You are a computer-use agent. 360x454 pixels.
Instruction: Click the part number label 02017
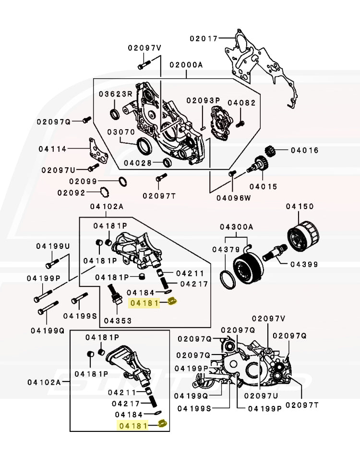point(203,38)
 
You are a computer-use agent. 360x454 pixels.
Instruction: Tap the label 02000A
point(186,65)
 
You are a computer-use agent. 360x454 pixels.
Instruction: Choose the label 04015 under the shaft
point(263,186)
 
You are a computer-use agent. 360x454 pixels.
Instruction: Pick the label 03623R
point(116,94)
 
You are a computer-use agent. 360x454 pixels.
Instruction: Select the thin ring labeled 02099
point(122,182)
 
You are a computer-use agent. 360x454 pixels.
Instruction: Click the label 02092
point(72,193)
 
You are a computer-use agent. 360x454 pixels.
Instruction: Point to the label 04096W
point(234,197)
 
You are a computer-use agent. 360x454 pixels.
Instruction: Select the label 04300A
point(237,226)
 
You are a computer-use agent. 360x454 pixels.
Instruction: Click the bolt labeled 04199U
point(51,263)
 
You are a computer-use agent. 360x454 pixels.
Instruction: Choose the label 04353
point(115,320)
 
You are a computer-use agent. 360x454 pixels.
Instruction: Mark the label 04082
point(241,102)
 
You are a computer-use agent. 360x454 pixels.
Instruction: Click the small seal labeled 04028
point(166,162)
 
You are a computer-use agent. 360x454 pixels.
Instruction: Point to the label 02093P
point(203,100)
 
